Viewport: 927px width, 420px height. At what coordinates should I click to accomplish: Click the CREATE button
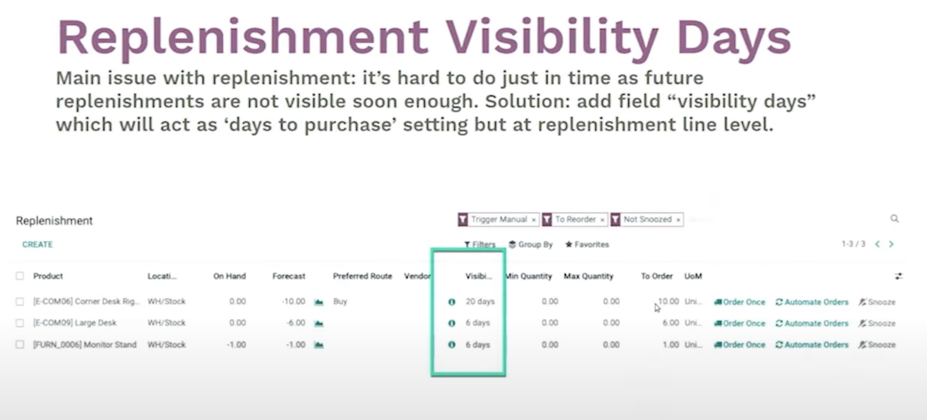37,244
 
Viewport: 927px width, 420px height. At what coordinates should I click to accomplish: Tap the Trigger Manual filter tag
498,219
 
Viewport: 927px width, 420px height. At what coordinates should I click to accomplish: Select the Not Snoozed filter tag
647,219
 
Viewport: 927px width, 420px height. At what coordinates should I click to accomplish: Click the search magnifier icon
895,218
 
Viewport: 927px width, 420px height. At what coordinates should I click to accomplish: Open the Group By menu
531,244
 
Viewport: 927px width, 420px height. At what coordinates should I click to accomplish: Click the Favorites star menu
587,244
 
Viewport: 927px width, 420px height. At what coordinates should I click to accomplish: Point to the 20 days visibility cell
480,301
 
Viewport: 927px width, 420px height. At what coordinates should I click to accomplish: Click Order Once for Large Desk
740,323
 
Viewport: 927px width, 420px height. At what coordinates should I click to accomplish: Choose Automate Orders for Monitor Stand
812,345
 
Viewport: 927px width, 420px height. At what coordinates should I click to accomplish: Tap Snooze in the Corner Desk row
877,302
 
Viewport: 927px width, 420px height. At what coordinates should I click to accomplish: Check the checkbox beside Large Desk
20,323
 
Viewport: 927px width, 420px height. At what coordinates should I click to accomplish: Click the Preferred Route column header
362,276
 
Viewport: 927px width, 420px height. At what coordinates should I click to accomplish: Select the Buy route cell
340,301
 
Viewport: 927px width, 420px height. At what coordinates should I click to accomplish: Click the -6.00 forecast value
296,323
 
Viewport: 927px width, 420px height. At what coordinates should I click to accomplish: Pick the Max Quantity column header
588,276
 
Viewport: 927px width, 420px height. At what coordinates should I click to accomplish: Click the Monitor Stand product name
85,345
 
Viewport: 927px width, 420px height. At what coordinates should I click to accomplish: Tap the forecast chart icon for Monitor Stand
319,345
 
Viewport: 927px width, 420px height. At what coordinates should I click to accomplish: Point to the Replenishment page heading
54,221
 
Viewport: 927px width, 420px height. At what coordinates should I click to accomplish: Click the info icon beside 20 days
452,302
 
